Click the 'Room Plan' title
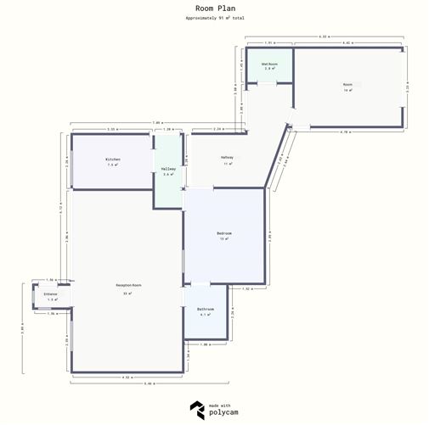(214, 8)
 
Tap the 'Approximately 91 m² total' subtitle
(214, 17)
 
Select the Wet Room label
(270, 64)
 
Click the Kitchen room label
(112, 159)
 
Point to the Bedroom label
(224, 233)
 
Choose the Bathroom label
(205, 310)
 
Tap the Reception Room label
(128, 286)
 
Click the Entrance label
(51, 294)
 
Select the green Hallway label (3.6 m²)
(168, 169)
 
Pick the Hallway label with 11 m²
(227, 158)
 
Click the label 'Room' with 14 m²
(347, 85)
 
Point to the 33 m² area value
(128, 292)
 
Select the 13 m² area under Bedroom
(224, 239)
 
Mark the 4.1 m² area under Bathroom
(205, 315)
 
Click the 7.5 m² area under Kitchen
(112, 165)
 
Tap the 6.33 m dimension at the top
(325, 36)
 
